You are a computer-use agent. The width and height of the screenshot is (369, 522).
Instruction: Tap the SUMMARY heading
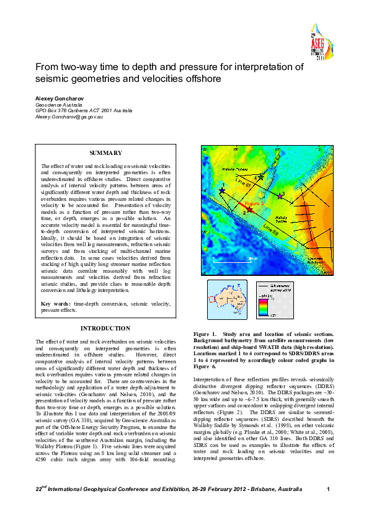coord(105,153)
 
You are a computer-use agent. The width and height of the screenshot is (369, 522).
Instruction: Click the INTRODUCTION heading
coord(105,329)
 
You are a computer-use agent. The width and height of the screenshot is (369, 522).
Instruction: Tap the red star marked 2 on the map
coord(249,208)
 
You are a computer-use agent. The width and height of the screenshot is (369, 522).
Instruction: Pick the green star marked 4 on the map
coord(260,177)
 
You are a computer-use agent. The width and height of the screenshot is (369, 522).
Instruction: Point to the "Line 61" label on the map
coord(244,184)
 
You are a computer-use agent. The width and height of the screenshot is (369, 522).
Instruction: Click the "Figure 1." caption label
coord(206,334)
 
